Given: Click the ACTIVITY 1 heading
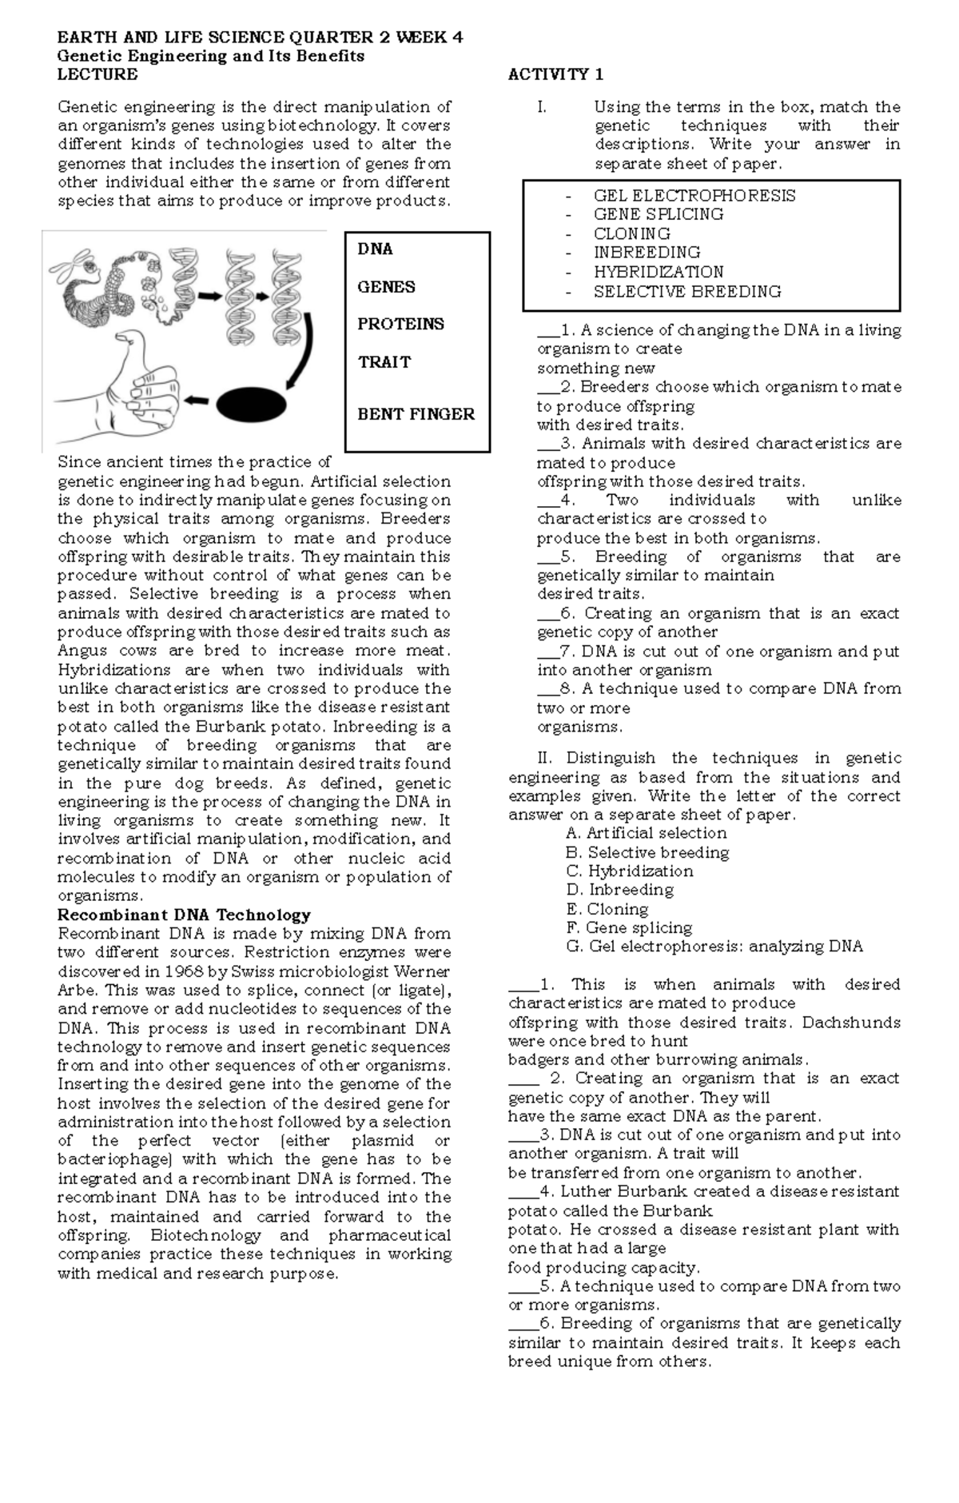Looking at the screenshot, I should [555, 74].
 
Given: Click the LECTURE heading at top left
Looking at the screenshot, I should [97, 74].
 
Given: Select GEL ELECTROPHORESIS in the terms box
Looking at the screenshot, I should [694, 196].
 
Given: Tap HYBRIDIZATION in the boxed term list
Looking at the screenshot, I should [658, 272].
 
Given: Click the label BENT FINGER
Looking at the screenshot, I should [416, 414].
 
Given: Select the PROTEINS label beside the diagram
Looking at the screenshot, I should [400, 324].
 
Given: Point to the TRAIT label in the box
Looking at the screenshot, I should [384, 362].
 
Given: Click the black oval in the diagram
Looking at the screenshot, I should [251, 405].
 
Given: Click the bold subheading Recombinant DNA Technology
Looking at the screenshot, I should [184, 915].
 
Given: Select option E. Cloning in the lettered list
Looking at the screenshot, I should [607, 909].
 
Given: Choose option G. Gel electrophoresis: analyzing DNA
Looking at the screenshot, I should [714, 947].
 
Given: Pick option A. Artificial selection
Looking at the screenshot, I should [645, 833].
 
